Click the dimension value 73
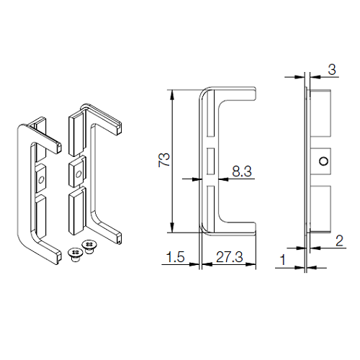point(164,160)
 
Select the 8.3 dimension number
point(242,171)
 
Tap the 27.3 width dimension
point(230,257)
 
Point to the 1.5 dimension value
point(176,257)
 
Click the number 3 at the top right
point(332,70)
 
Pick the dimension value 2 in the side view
point(339,240)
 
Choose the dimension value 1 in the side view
point(283,260)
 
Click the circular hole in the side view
point(324,161)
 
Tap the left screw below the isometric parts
point(76,254)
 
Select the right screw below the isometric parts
point(89,246)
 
